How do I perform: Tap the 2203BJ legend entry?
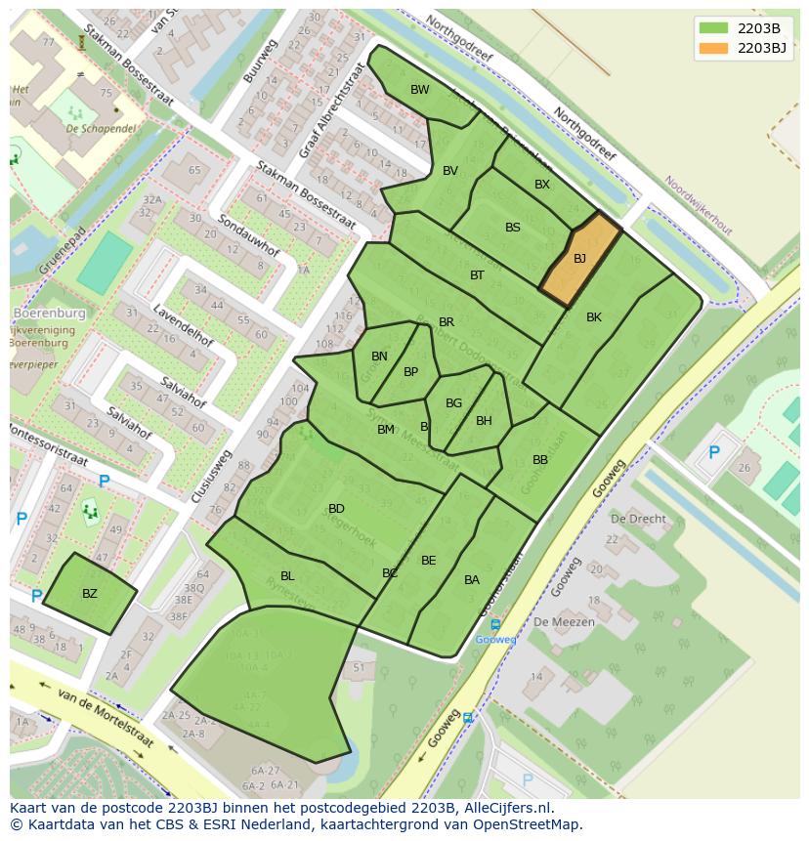click(x=745, y=47)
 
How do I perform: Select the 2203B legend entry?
click(x=745, y=27)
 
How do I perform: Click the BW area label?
click(x=420, y=90)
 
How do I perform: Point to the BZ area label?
click(x=90, y=594)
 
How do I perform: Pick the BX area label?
click(x=542, y=185)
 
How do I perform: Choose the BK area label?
click(x=594, y=317)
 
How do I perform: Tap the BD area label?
click(x=336, y=509)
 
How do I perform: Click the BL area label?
click(x=287, y=576)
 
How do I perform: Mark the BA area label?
click(x=472, y=580)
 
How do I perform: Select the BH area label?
click(x=484, y=421)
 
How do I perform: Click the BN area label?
click(x=379, y=357)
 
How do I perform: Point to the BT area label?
click(x=477, y=275)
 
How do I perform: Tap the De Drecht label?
click(x=638, y=519)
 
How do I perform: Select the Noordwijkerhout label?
click(x=699, y=204)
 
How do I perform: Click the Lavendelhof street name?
click(x=183, y=327)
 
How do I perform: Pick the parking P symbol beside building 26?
click(x=714, y=452)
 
